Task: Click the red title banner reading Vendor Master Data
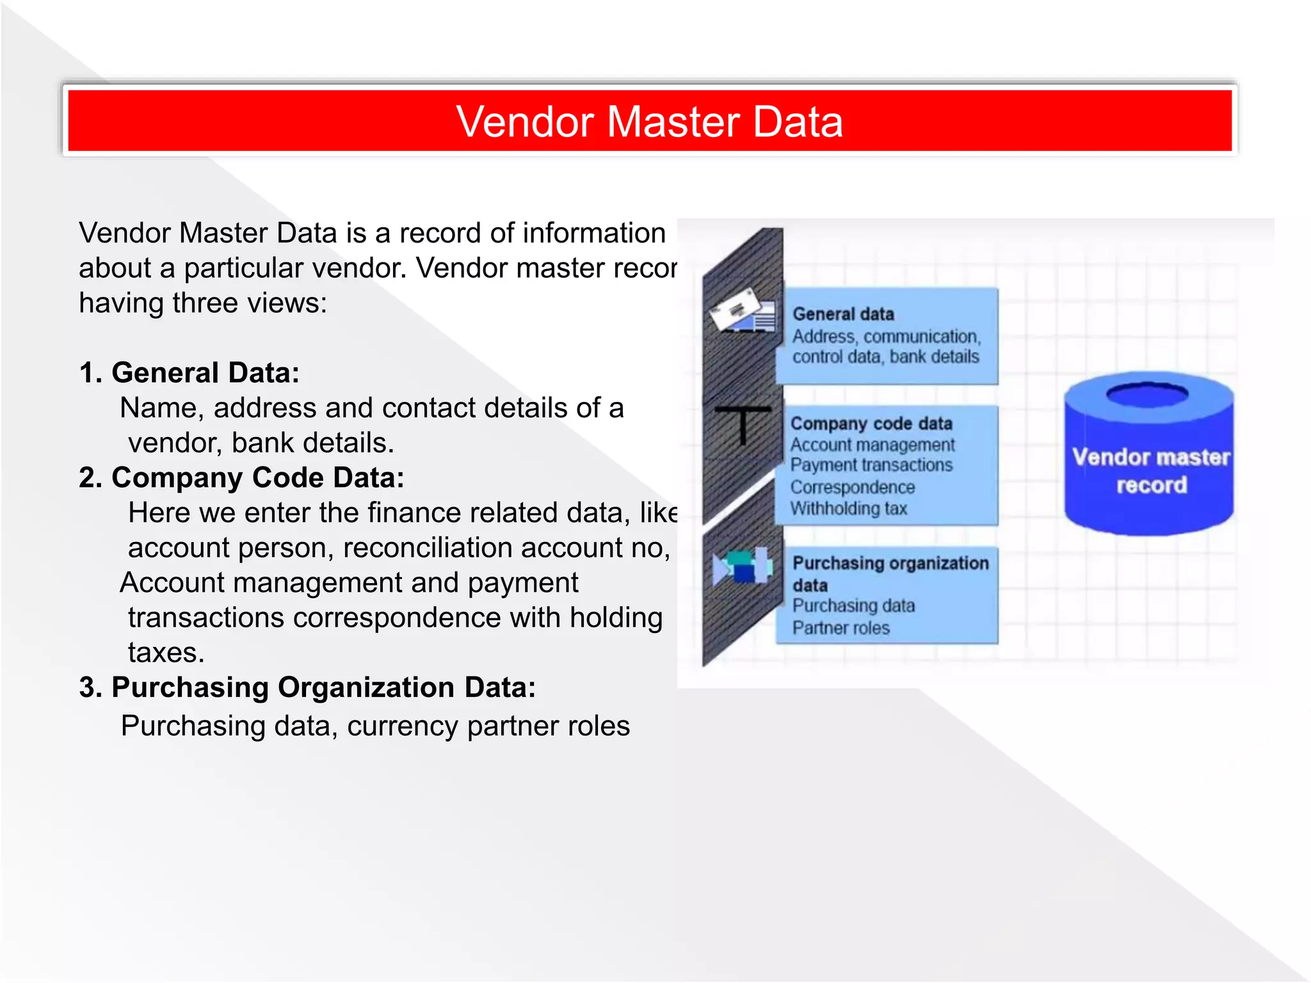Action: coord(649,121)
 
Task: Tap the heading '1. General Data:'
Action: coord(189,372)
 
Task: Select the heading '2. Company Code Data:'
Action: coord(241,477)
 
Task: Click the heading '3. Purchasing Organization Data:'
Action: coord(307,687)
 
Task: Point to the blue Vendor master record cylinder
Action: coord(1149,461)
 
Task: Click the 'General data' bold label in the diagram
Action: coord(843,314)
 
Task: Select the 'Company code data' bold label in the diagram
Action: coord(871,424)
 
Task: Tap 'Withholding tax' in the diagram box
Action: coord(849,509)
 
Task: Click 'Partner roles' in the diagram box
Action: coord(841,628)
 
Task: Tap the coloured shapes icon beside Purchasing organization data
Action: coord(743,566)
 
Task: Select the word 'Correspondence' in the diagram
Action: coord(853,487)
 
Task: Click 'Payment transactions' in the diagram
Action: coord(871,465)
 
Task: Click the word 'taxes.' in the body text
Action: coord(166,653)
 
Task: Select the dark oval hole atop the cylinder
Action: coord(1147,394)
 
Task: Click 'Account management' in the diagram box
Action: coord(873,445)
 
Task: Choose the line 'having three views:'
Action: coord(203,303)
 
